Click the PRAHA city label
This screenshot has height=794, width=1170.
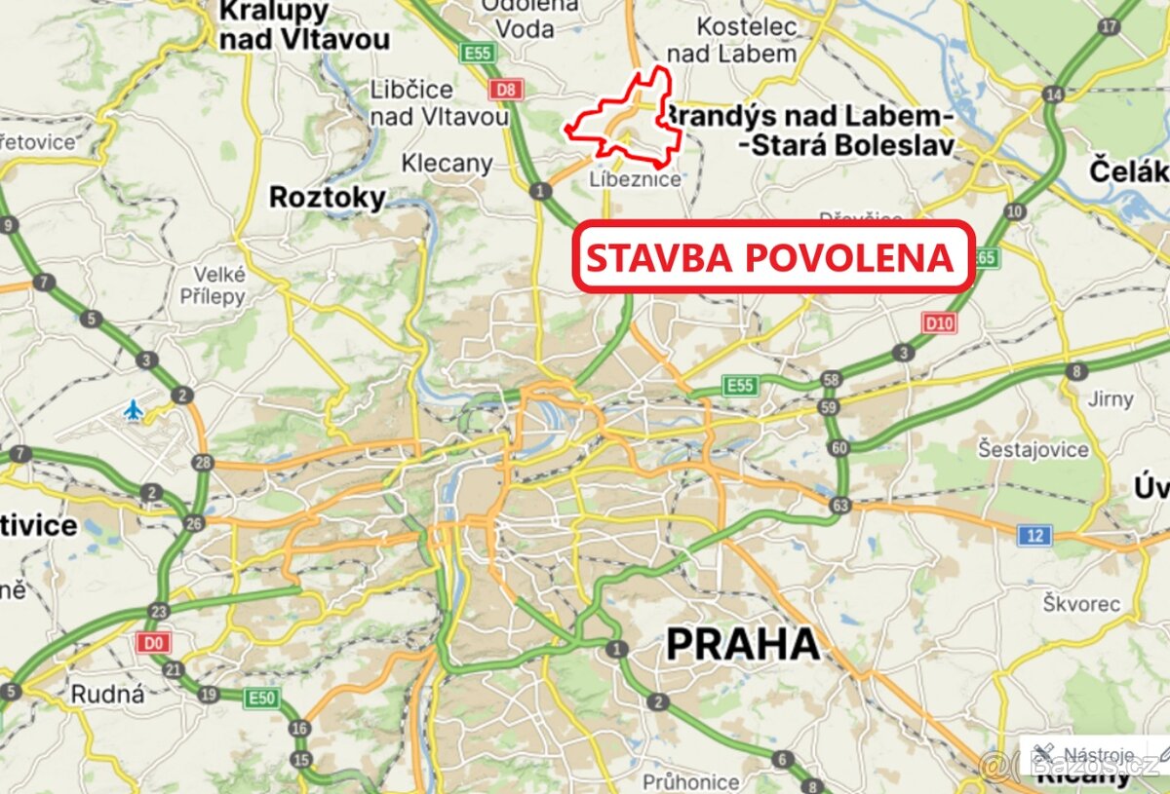(x=742, y=644)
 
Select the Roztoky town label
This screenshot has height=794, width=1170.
(x=328, y=197)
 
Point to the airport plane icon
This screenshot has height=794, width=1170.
(x=134, y=410)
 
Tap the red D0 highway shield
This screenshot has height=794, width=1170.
(x=152, y=642)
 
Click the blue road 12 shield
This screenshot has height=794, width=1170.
(x=1033, y=535)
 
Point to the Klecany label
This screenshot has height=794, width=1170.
(x=448, y=163)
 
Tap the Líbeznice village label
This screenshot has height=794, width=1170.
(x=635, y=179)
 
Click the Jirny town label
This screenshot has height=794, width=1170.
(x=1111, y=398)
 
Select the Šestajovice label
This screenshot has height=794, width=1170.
(x=1033, y=449)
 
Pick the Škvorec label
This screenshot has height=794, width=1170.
(x=1080, y=603)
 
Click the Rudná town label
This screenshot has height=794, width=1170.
(x=108, y=694)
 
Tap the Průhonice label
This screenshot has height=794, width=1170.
(x=690, y=781)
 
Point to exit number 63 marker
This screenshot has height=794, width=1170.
(x=840, y=506)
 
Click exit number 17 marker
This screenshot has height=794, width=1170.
(x=1109, y=26)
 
